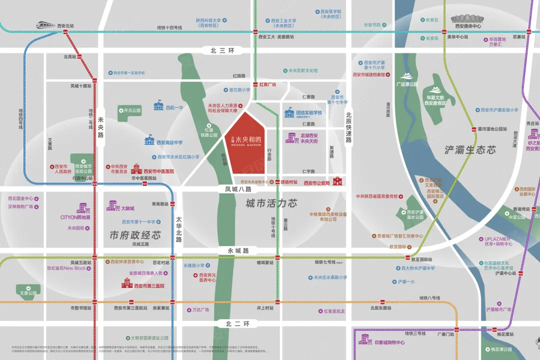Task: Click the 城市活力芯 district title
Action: [x=271, y=203]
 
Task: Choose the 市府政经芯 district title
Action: [x=135, y=234]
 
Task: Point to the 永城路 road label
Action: [x=238, y=250]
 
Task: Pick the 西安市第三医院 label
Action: [x=149, y=286]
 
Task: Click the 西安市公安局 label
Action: [x=317, y=183]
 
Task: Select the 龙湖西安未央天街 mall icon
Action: [x=291, y=137]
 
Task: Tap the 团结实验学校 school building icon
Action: [x=289, y=113]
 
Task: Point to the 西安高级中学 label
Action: [x=169, y=142]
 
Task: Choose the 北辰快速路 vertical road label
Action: [x=348, y=127]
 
